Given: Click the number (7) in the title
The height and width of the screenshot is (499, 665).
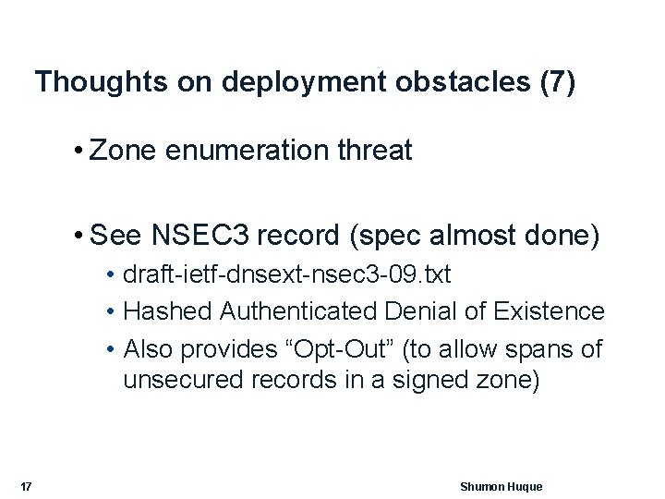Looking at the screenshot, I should [557, 82].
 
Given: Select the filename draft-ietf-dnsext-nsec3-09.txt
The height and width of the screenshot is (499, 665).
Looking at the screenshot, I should [287, 276].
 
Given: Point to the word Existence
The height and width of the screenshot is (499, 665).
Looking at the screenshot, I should [552, 312].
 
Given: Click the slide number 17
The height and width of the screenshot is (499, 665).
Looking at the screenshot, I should [26, 487].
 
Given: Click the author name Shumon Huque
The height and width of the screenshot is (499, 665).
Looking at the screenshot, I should [501, 487].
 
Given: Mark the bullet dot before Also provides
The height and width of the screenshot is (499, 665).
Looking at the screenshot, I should [110, 350].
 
